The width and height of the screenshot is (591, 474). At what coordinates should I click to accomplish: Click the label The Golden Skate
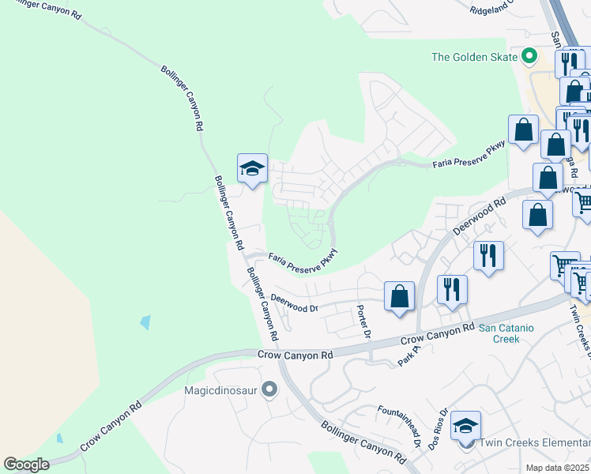(x=474, y=57)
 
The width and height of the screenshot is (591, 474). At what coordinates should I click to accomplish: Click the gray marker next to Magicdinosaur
(x=270, y=389)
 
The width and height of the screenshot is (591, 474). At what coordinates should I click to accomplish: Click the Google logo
(x=26, y=465)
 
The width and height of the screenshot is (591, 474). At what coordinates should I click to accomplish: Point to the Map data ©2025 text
(x=558, y=468)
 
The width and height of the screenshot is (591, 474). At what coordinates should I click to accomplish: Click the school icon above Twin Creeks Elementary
(x=466, y=425)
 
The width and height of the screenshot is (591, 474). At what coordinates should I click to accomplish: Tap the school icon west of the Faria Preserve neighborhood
(x=252, y=167)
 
